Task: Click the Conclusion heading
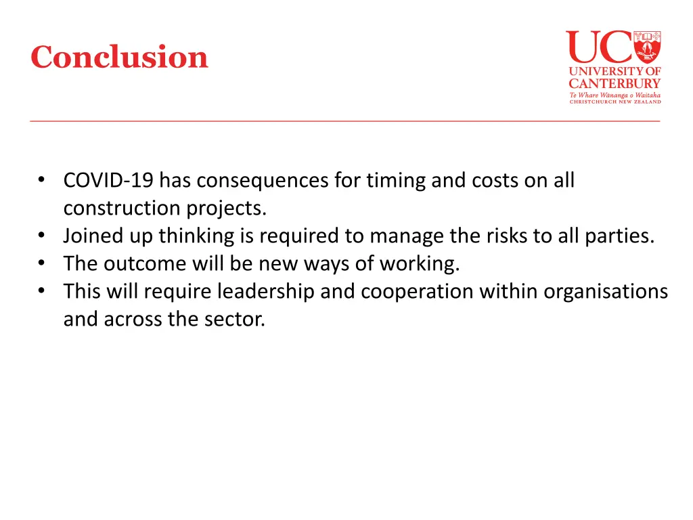coord(119,57)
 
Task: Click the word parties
coord(623,236)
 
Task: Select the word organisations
coord(606,291)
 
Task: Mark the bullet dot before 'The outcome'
coord(42,263)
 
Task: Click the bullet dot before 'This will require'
coord(42,291)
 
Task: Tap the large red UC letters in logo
coord(598,47)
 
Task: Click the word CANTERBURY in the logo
coord(614,83)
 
